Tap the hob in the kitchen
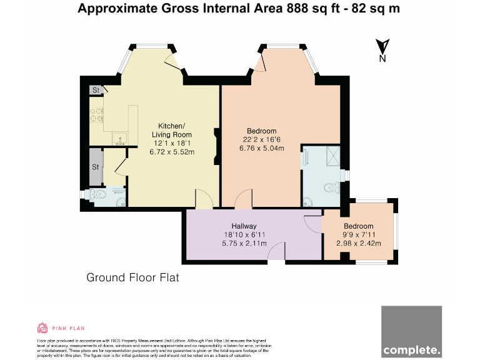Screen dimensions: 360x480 [97, 114]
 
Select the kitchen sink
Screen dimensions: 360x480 [118, 137]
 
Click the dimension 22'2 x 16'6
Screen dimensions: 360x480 [262, 139]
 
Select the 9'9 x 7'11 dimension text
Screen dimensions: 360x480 [359, 235]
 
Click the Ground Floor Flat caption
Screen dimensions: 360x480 [132, 277]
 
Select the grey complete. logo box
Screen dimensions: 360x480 [411, 331]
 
